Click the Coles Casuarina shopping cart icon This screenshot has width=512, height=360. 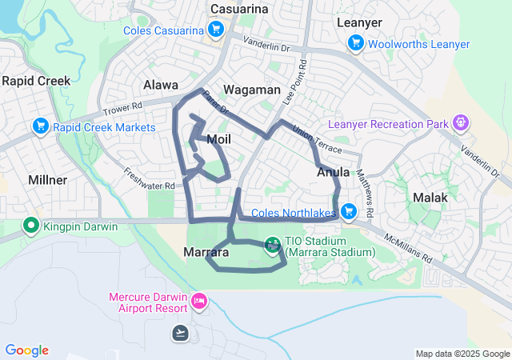(215, 30)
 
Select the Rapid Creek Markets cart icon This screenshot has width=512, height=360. (40, 126)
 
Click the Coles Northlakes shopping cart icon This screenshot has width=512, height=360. (348, 212)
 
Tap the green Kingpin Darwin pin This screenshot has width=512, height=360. (30, 226)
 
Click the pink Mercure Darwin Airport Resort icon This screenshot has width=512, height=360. (198, 302)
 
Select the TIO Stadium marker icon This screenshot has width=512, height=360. (273, 242)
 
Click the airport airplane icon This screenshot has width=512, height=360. (181, 332)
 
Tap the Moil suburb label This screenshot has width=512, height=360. (218, 140)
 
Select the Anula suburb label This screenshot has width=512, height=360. (333, 172)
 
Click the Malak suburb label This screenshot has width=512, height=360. (430, 197)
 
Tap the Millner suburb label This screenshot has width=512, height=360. (47, 180)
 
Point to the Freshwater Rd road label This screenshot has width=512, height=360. (149, 178)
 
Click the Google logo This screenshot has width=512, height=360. (26, 350)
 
